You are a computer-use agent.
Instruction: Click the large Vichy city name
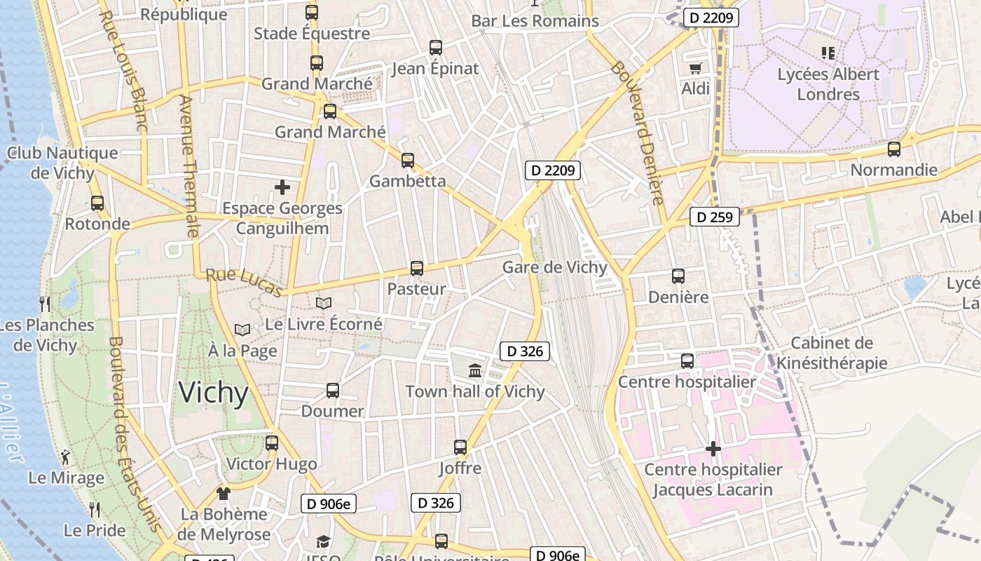tap(213, 393)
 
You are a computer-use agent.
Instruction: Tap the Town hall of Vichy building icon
tap(475, 370)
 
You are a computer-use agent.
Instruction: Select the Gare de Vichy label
tap(554, 267)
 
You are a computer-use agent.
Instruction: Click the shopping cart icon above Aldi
tap(695, 68)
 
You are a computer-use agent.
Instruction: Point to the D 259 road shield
tap(715, 217)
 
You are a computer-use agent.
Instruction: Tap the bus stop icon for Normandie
tap(893, 149)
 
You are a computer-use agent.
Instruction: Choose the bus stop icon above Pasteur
tap(417, 268)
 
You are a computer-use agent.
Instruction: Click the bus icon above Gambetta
tap(408, 160)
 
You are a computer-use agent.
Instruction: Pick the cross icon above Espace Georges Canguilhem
tap(282, 187)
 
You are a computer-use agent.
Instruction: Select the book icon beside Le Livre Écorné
tap(323, 303)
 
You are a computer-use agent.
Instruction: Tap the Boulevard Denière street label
tap(637, 133)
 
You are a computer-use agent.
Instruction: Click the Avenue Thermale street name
tap(189, 165)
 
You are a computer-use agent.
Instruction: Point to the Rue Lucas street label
tap(244, 282)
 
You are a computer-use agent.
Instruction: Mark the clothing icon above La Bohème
tap(224, 493)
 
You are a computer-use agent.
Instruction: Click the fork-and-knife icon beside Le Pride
tap(95, 509)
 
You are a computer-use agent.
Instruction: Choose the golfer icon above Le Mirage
tap(65, 457)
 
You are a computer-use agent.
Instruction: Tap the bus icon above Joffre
tap(460, 447)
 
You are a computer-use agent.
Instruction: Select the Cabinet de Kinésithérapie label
tap(832, 353)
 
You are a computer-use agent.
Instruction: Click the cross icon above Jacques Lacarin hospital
tap(713, 448)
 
